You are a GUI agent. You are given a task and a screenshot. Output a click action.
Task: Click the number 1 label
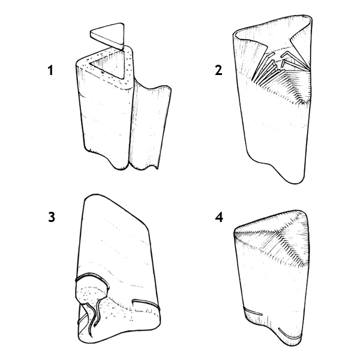[52, 70]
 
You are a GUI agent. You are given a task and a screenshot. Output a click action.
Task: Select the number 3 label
[52, 217]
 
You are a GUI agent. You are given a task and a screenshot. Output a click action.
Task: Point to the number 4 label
[218, 217]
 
